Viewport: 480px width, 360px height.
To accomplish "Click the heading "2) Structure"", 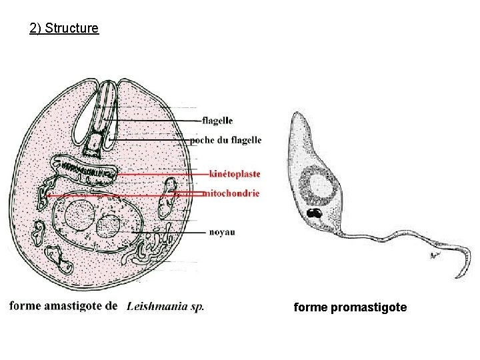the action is click(x=65, y=29).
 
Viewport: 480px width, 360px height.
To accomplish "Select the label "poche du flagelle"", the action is click(x=225, y=140).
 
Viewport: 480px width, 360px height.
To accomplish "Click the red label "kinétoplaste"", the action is click(x=234, y=174).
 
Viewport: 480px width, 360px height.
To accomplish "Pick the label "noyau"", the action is click(x=221, y=232).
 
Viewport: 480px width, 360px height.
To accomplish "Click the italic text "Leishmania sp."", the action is click(x=165, y=307).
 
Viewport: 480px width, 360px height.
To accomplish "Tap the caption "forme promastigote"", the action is click(x=350, y=307).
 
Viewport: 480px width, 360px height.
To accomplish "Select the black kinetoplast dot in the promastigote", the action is click(x=313, y=214).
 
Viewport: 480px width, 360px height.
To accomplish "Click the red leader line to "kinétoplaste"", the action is click(x=160, y=174).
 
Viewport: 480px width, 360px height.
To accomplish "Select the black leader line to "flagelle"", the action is click(x=160, y=121).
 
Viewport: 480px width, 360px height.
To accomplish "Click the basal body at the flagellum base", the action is click(x=99, y=142).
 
